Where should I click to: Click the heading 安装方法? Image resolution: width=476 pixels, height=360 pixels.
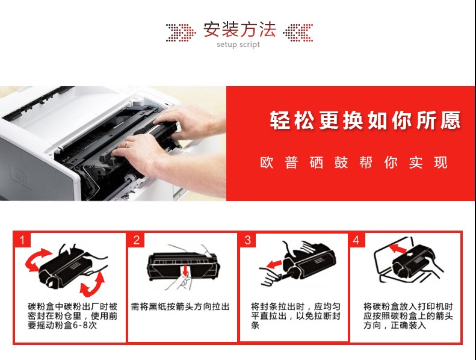click(x=240, y=29)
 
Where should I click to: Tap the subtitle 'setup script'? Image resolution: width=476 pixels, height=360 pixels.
click(x=238, y=45)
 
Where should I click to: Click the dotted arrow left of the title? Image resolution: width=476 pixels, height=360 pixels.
click(x=181, y=33)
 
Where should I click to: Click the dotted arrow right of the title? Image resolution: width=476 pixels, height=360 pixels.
click(x=298, y=33)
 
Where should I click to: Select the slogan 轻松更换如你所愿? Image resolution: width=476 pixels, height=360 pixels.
click(x=365, y=120)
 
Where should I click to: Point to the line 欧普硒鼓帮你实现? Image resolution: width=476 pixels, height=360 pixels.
click(x=354, y=162)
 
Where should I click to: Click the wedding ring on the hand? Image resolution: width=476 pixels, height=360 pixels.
click(x=127, y=144)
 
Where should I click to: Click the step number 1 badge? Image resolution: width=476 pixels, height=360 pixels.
click(x=22, y=240)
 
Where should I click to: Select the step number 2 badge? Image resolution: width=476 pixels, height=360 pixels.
click(x=137, y=240)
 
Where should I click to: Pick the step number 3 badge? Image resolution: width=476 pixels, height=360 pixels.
click(x=248, y=240)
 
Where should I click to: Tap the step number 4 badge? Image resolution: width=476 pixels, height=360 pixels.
click(x=357, y=240)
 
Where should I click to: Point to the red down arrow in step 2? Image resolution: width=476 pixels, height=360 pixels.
click(x=185, y=271)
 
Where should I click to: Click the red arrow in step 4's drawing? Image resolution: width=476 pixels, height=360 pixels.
click(x=397, y=248)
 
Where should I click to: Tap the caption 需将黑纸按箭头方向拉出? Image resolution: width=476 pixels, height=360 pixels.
click(x=180, y=306)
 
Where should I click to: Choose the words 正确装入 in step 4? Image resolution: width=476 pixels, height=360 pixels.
click(x=409, y=325)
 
